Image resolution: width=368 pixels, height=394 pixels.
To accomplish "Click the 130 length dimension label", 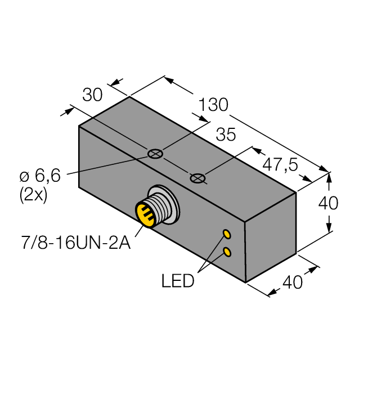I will [x=213, y=105].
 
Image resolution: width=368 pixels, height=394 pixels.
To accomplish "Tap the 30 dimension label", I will [x=93, y=95].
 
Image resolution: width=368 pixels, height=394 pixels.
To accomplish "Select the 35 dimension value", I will [x=226, y=135].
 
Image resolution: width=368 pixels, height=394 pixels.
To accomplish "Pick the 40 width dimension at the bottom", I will [x=292, y=282].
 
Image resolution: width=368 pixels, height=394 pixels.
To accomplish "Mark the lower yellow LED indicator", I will [x=227, y=252].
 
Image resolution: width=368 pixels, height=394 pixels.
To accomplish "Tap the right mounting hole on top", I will [x=197, y=178].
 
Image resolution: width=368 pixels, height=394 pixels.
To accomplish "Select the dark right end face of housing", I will [x=271, y=236].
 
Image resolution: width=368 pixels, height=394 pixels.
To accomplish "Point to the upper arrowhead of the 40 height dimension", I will [x=329, y=178].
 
